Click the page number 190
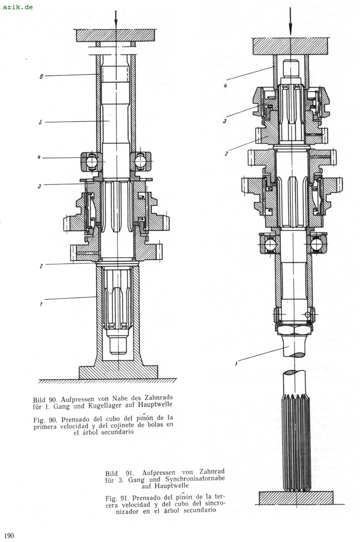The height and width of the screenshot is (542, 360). point(8,535)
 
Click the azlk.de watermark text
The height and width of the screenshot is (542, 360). point(17,7)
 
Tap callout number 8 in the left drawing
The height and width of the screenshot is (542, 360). point(41,76)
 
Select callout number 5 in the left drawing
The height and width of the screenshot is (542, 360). point(41,122)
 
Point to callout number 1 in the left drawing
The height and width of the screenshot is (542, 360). point(41,304)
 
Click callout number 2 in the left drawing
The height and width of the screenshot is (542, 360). point(41,266)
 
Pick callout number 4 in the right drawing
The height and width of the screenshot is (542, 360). point(224,85)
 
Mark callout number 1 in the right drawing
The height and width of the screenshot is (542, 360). point(237,363)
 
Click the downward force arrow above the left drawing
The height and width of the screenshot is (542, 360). point(115,16)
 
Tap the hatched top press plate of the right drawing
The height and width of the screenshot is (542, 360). point(291,46)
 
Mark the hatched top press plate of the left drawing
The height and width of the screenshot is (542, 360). point(115,35)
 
